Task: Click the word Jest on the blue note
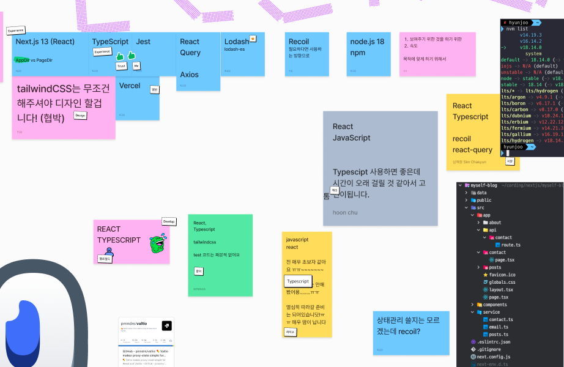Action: click(x=143, y=42)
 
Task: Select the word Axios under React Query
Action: click(x=189, y=75)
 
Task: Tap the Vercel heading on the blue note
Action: click(x=130, y=86)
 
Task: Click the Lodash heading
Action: click(x=237, y=42)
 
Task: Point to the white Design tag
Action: click(x=80, y=115)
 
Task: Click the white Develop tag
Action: click(x=169, y=221)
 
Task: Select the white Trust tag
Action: click(x=121, y=66)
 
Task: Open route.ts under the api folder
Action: click(x=510, y=245)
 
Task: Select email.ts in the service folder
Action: click(x=498, y=327)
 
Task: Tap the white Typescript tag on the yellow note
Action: click(x=298, y=281)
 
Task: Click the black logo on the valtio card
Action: click(x=166, y=326)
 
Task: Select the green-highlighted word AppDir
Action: click(x=22, y=60)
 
